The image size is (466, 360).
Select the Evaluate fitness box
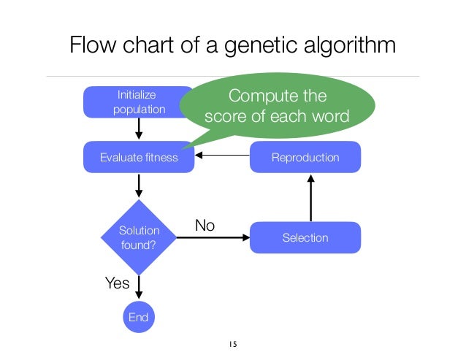pos(139,157)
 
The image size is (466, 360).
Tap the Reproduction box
pos(305,157)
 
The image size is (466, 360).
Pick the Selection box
pos(305,237)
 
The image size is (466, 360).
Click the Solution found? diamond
pos(138,237)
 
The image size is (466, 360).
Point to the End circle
pos(138,317)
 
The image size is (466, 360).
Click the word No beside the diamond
pos(205,226)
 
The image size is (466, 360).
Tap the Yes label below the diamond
pos(117,283)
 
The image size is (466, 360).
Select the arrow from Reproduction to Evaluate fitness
pos(223,156)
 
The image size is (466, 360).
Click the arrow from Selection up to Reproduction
pos(311,197)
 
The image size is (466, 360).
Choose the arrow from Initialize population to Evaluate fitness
pos(139,129)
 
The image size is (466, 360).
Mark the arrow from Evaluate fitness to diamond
pos(139,186)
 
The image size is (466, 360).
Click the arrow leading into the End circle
pos(138,286)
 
